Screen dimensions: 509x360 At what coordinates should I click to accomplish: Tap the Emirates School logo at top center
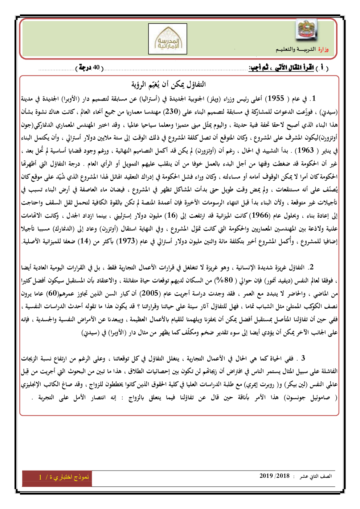pyautogui.click(x=168, y=39)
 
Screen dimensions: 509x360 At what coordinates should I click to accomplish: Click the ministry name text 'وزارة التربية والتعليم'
pyautogui.click(x=302, y=49)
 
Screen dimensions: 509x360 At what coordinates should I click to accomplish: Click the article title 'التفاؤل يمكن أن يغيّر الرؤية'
pyautogui.click(x=169, y=85)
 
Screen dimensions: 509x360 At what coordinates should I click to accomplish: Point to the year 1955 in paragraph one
pyautogui.click(x=275, y=98)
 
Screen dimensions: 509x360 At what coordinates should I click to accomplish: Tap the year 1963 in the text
pyautogui.click(x=304, y=150)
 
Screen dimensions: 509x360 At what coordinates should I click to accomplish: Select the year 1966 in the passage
pyautogui.click(x=260, y=215)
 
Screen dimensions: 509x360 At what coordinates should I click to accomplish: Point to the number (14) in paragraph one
pyautogui.click(x=84, y=241)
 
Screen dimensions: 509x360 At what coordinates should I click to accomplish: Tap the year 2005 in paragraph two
pyautogui.click(x=150, y=293)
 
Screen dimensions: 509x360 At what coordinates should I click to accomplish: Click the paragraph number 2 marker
pyautogui.click(x=311, y=267)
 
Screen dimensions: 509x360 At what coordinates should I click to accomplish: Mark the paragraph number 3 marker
pyautogui.click(x=303, y=358)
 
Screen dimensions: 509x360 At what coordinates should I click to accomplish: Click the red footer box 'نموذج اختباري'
pyautogui.click(x=57, y=477)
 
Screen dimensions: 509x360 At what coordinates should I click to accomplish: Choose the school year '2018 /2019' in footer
pyautogui.click(x=274, y=476)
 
